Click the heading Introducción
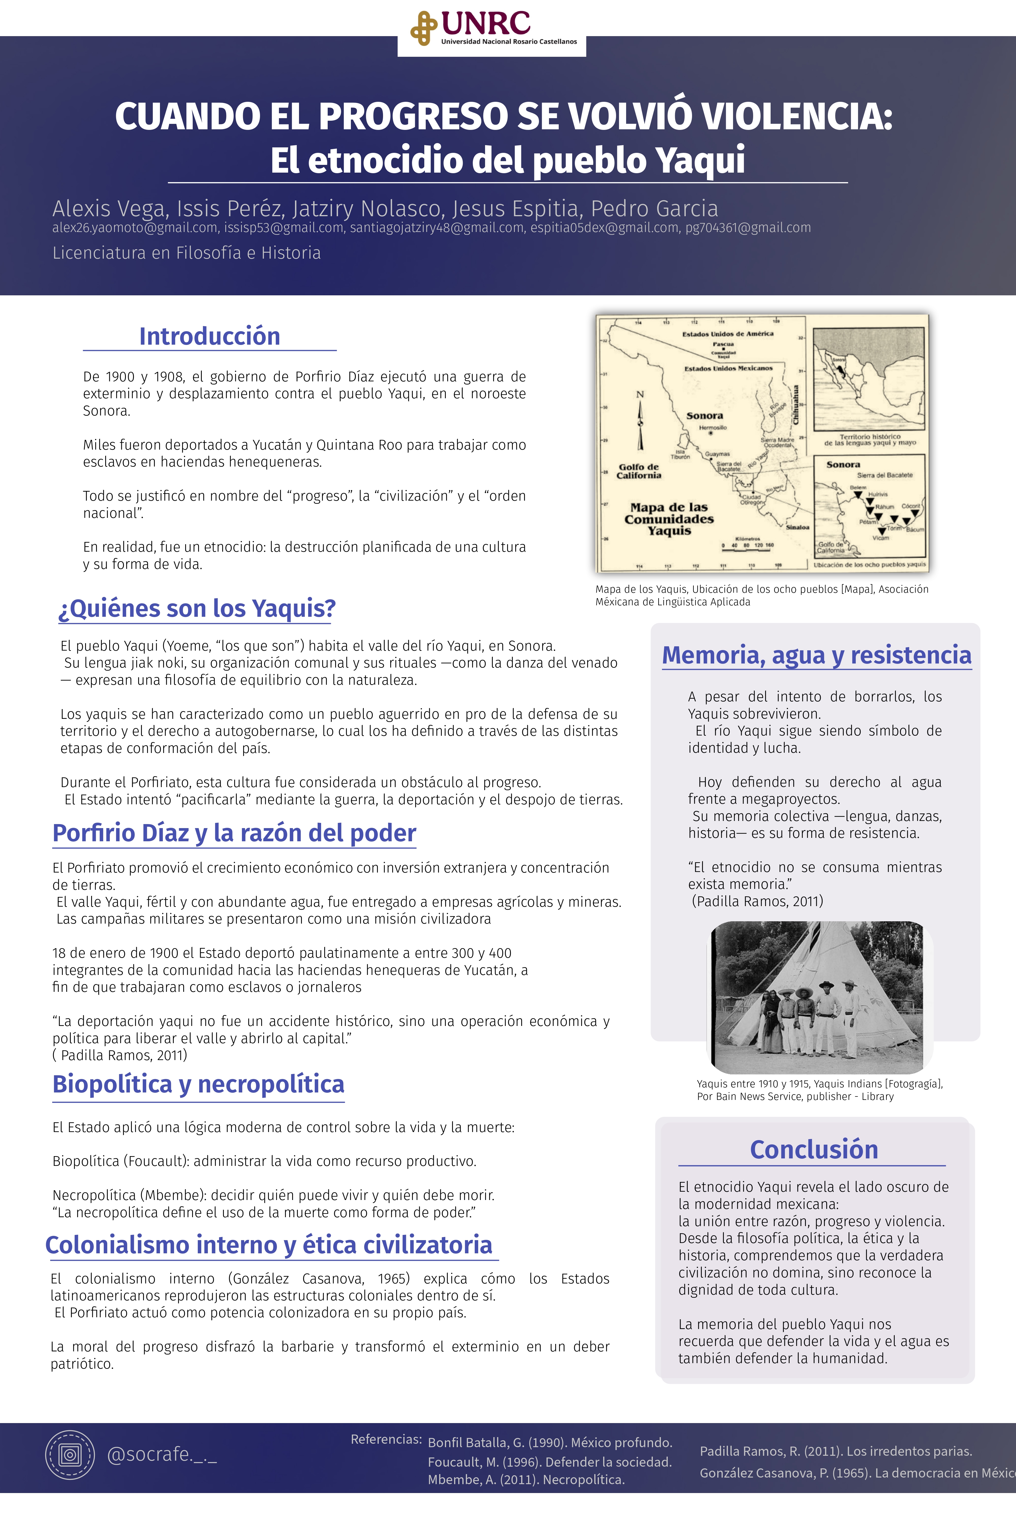[209, 336]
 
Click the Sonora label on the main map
[704, 415]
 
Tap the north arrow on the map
[640, 421]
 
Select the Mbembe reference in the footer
[526, 1479]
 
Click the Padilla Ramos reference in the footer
[836, 1451]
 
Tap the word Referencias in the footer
[386, 1439]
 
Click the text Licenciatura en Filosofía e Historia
[187, 253]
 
